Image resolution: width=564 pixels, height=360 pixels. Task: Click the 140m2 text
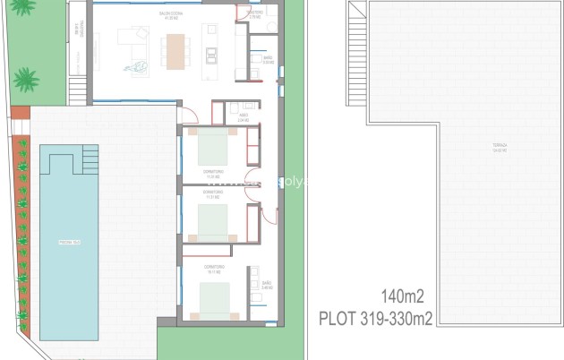pos(402,296)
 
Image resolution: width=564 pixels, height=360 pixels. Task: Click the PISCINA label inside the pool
pos(71,241)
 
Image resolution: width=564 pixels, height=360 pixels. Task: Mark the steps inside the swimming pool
pos(90,161)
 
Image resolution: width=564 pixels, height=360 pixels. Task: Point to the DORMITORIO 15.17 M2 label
pos(214,269)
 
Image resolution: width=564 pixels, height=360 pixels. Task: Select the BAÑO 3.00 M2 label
pos(256,61)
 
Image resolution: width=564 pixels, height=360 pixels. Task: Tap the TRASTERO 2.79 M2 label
pos(256,15)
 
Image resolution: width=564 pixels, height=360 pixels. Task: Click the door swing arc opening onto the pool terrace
pos(188,115)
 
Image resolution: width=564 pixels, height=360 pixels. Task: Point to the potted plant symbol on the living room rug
pos(141,64)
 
